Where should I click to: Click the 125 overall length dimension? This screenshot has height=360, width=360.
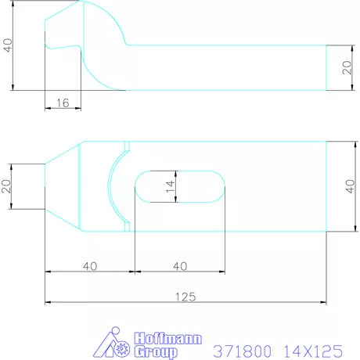[185, 296]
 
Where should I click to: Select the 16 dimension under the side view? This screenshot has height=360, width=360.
[63, 103]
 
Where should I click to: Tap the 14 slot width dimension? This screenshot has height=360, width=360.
[171, 187]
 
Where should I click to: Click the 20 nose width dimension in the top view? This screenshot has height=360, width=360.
[8, 186]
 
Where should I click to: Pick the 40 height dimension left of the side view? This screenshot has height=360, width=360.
[8, 45]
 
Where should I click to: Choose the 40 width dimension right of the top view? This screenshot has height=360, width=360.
[349, 186]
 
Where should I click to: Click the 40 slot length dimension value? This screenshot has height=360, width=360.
[180, 266]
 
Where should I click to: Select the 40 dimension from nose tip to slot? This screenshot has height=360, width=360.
[89, 266]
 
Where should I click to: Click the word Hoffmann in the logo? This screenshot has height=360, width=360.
[168, 338]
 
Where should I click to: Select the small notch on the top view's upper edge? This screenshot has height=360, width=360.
[125, 146]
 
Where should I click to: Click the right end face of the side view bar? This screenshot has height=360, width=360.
[327, 68]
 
